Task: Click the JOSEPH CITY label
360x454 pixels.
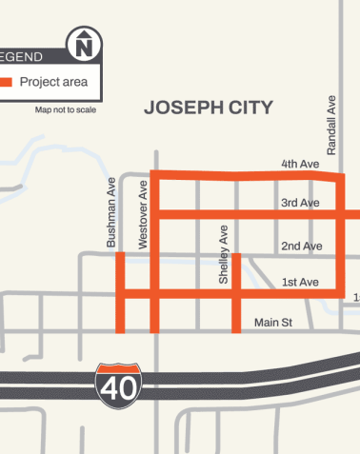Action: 208,108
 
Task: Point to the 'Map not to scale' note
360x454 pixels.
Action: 71,110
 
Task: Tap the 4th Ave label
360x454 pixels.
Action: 299,165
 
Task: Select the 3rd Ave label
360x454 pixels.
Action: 299,203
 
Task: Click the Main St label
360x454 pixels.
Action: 272,324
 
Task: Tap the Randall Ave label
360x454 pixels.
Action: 332,125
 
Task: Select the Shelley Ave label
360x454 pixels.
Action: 224,255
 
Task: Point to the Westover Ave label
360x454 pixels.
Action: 143,213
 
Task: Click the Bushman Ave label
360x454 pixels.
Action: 111,213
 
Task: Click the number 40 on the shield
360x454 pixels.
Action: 118,387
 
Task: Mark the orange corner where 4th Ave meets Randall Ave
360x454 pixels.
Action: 340,177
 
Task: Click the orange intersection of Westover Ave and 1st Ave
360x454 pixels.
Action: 154,290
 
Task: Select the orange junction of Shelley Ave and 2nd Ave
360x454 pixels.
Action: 235,255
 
